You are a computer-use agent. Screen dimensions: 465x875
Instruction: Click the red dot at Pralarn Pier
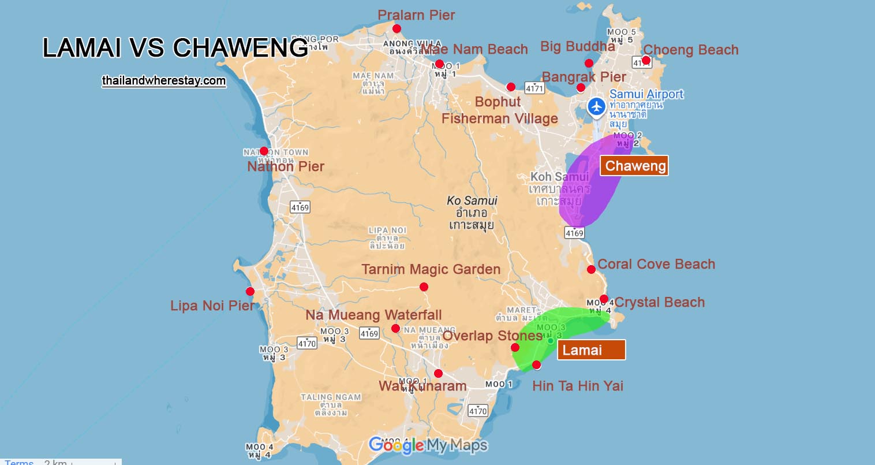(x=397, y=29)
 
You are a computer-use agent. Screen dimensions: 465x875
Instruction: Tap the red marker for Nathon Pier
(x=264, y=151)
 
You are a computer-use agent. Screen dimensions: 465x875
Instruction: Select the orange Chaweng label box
(x=634, y=166)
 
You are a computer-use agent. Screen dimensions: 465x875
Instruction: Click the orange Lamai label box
(x=591, y=350)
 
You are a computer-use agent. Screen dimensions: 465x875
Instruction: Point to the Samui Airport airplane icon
(x=596, y=107)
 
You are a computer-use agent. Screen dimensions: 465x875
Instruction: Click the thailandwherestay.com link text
(x=164, y=81)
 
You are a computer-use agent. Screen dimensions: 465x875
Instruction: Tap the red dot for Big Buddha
(x=589, y=64)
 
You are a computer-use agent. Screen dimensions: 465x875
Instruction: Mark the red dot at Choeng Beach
(x=646, y=61)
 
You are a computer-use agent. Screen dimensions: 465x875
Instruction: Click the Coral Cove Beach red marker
(x=591, y=270)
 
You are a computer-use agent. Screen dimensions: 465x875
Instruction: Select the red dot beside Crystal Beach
(x=604, y=299)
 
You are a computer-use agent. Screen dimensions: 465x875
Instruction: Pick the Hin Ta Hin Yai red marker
(x=537, y=364)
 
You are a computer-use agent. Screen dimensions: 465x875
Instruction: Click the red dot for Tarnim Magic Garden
(x=424, y=287)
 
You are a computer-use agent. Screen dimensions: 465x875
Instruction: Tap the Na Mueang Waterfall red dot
(x=395, y=329)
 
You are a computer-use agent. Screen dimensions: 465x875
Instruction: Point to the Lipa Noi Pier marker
(x=250, y=292)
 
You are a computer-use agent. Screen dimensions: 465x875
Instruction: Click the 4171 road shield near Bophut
(x=534, y=88)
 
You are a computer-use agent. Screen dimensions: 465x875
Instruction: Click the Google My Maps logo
(x=428, y=445)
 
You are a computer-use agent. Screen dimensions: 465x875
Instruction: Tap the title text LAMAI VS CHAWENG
(x=175, y=48)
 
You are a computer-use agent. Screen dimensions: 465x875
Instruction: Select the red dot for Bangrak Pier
(x=581, y=88)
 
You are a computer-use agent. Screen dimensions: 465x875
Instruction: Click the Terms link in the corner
(x=19, y=462)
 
